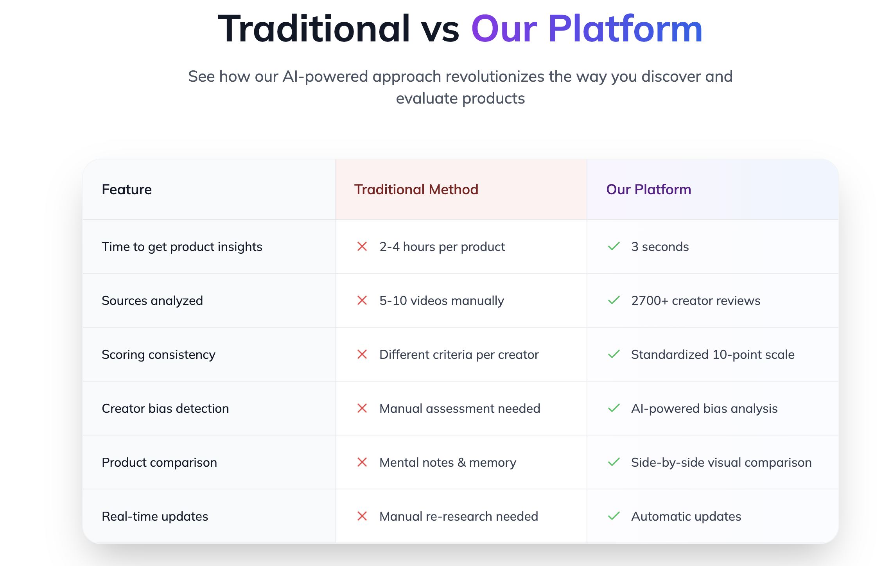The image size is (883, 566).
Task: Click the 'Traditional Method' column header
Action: click(416, 190)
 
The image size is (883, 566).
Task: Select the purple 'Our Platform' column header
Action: click(648, 190)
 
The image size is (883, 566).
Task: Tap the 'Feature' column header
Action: click(127, 190)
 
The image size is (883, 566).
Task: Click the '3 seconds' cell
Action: click(660, 247)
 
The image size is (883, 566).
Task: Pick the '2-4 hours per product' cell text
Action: click(442, 247)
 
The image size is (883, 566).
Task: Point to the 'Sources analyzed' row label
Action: click(152, 301)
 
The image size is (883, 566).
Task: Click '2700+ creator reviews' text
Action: click(696, 301)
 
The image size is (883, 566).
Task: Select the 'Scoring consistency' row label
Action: click(158, 355)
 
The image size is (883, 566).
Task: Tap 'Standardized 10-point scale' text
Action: click(713, 355)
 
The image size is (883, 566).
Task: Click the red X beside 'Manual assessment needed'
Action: click(362, 408)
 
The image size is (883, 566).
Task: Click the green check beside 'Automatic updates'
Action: click(614, 516)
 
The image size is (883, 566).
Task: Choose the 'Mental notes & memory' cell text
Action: click(448, 463)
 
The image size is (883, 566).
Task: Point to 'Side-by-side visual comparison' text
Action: click(721, 463)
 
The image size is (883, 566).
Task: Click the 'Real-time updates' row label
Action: click(155, 517)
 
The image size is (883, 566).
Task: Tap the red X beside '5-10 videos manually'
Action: click(362, 301)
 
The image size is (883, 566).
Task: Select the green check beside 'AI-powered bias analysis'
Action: click(614, 408)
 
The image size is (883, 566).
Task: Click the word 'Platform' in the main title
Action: click(625, 29)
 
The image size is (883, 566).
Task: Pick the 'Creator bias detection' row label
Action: click(165, 408)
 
